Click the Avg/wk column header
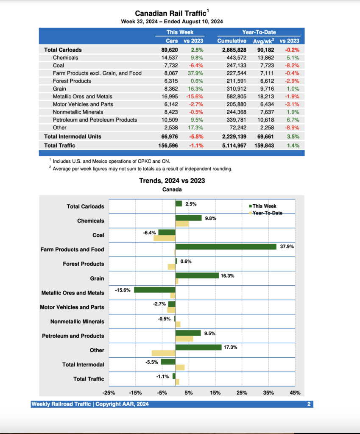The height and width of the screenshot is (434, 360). [263, 41]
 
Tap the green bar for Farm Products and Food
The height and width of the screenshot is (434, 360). [226, 246]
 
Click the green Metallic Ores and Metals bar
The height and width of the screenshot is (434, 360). [154, 290]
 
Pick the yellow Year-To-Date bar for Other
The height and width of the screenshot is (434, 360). [163, 353]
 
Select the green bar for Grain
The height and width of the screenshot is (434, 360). [197, 275]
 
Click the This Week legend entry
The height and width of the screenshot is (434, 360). [264, 206]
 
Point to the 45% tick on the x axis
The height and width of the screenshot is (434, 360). [295, 392]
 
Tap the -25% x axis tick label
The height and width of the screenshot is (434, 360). [109, 392]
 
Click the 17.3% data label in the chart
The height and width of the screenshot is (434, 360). [230, 348]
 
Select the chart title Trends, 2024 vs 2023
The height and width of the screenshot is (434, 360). [172, 181]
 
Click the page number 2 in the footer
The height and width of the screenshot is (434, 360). [309, 404]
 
